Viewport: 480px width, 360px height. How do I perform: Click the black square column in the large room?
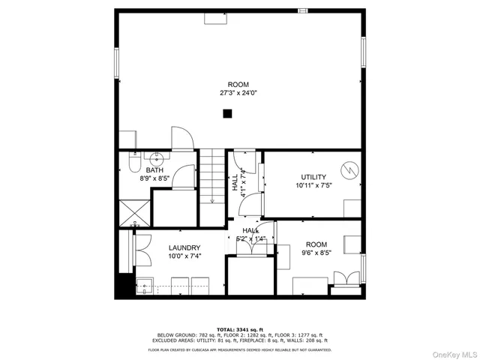[x=227, y=113]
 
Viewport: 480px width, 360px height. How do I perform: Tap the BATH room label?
[x=155, y=170]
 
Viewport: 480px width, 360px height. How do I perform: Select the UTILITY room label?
[x=313, y=177]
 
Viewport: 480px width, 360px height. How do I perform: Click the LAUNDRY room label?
[x=184, y=247]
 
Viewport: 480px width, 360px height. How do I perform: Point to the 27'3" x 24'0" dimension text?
[x=238, y=94]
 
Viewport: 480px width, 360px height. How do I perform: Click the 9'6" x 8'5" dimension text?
[x=316, y=253]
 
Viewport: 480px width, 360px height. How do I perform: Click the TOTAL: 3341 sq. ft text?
[x=239, y=329]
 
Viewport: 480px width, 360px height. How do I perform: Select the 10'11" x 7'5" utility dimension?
[x=313, y=185]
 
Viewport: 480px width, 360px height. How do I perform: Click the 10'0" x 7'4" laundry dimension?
[x=184, y=256]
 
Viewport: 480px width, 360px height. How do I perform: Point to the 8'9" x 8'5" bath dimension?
[x=155, y=178]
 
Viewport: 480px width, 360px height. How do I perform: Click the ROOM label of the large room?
[x=238, y=85]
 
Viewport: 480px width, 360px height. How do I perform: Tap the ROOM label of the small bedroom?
[x=316, y=244]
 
